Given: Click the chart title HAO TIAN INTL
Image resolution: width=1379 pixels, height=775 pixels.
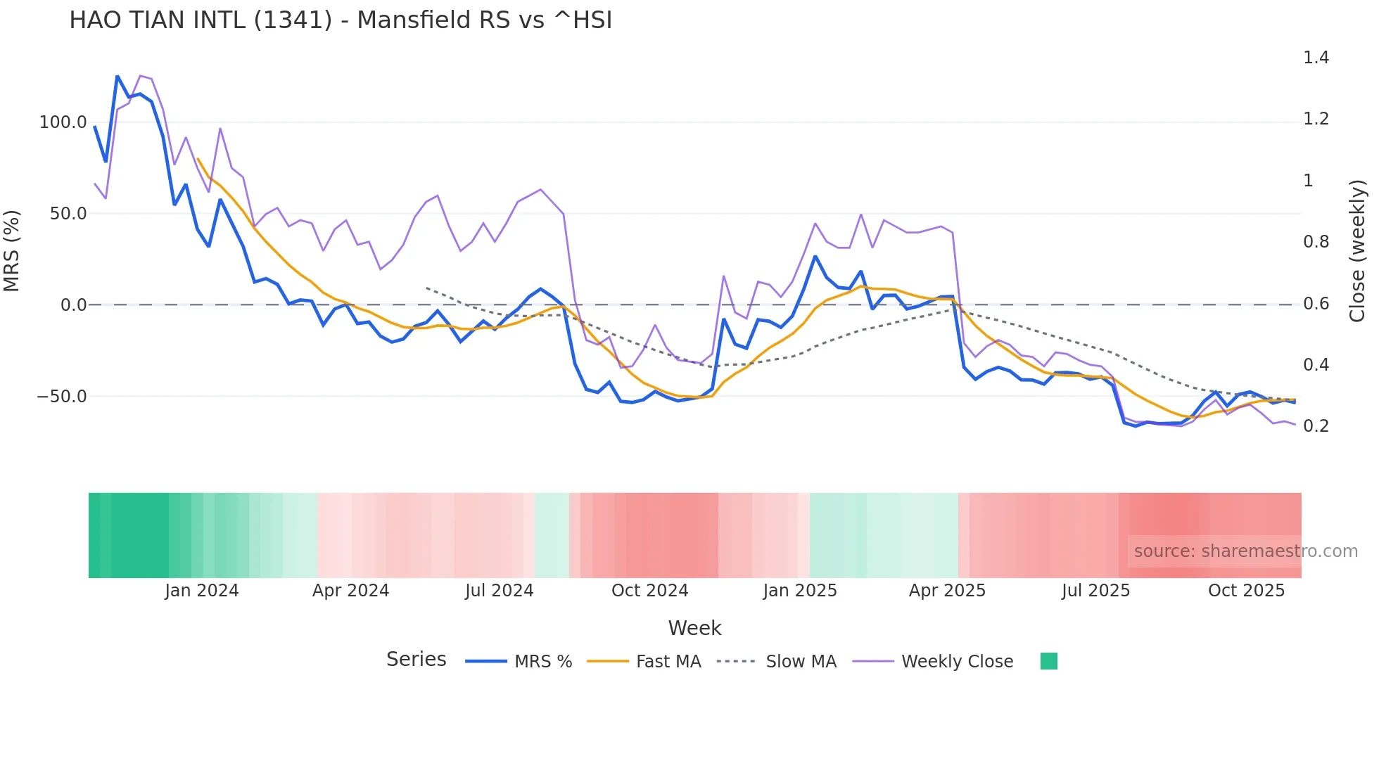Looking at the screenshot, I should [341, 20].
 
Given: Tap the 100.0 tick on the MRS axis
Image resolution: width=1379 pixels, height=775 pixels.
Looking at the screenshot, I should [63, 122].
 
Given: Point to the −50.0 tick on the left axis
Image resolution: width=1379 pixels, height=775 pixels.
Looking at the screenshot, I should [62, 397].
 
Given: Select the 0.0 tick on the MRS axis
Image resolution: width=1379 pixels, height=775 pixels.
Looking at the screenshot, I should [73, 305].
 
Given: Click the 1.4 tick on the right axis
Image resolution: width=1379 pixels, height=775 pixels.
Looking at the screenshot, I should [1316, 58].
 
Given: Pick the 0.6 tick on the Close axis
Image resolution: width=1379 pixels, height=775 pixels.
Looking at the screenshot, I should [1316, 304].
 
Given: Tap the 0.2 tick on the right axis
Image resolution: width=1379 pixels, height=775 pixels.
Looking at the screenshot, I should [1316, 426].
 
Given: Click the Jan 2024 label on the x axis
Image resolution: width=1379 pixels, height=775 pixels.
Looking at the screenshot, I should [202, 591].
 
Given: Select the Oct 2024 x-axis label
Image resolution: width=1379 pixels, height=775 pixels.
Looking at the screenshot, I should [649, 591].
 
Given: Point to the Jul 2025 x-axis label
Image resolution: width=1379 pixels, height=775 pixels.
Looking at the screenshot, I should [1095, 591].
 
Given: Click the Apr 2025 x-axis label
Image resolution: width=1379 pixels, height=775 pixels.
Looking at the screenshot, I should [947, 591].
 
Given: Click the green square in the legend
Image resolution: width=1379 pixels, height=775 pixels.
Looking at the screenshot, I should [1048, 661].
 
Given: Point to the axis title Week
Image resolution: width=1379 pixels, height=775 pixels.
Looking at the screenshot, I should [694, 628].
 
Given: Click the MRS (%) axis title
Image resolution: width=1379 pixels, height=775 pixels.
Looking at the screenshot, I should [12, 251].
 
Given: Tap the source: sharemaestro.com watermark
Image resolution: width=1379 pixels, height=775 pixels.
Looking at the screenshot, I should [1245, 551].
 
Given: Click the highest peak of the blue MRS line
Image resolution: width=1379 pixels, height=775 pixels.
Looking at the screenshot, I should [117, 76].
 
